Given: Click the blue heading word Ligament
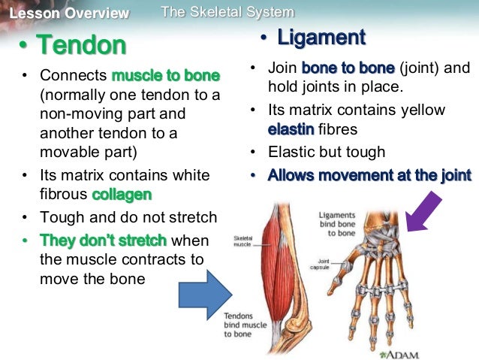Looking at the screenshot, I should tap(321, 37).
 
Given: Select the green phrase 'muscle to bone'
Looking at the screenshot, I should tap(166, 76).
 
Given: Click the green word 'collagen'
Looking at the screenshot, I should tap(122, 195).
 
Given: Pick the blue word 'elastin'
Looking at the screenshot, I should tap(291, 129).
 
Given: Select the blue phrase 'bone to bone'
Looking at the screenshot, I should tap(348, 68).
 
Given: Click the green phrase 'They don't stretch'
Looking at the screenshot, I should tap(104, 241).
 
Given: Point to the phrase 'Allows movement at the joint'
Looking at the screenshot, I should tap(369, 175).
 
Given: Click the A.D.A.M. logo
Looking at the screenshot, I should tap(400, 353).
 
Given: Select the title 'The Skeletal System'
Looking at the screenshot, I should tap(227, 12).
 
